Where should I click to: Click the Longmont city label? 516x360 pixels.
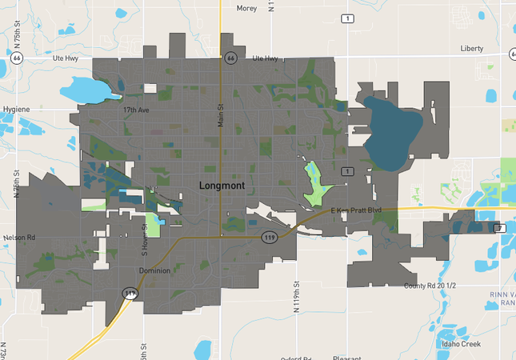click(x=222, y=186)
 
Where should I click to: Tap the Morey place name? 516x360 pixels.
click(x=247, y=8)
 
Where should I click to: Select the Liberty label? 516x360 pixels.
click(x=472, y=48)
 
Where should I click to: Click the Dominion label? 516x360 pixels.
click(x=154, y=270)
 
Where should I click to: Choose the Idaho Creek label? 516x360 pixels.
click(x=460, y=343)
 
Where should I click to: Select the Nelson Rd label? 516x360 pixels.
click(x=19, y=238)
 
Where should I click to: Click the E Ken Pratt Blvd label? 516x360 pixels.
click(x=357, y=210)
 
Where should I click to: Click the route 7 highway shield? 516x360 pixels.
click(x=500, y=228)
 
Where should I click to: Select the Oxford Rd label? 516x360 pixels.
click(x=296, y=358)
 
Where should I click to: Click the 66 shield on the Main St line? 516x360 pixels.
click(x=230, y=58)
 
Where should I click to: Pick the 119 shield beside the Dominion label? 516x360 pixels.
click(x=130, y=294)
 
